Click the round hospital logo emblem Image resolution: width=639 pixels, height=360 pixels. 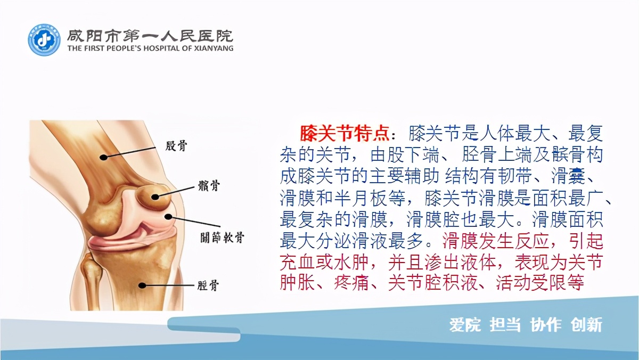45,40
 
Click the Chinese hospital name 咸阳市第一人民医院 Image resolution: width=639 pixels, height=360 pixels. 150,35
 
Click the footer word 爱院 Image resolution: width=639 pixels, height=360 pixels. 465,325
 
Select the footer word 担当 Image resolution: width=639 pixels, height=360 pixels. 505,325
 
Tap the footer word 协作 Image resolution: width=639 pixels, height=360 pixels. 545,325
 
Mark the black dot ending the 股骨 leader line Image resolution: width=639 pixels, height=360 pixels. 104,157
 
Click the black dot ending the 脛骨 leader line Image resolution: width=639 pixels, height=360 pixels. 142,285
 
